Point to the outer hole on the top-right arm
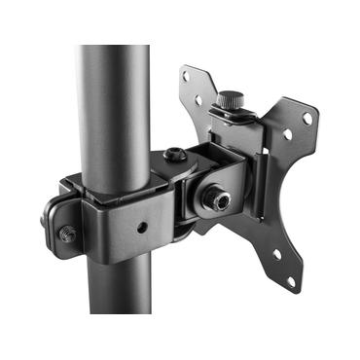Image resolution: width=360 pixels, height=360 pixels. click(307, 118)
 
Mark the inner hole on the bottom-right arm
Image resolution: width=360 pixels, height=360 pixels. click(274, 255)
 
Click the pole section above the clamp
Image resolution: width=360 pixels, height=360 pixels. click(115, 97)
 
